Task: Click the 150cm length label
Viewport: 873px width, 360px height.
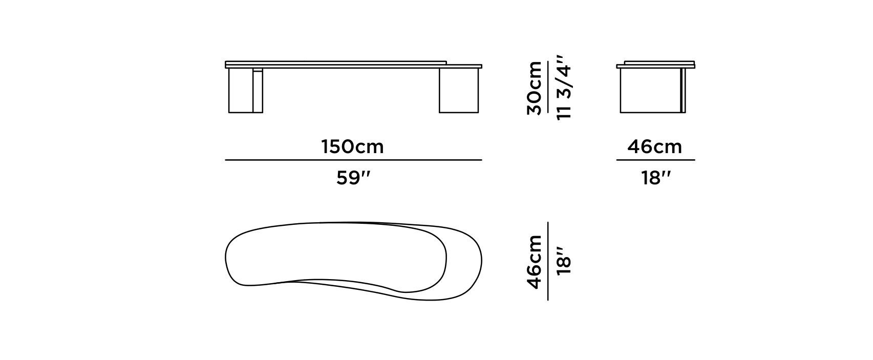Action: (x=353, y=147)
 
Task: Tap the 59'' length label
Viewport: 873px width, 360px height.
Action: (x=353, y=178)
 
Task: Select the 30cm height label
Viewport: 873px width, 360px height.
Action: (x=535, y=88)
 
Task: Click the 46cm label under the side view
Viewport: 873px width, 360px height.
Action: (x=655, y=147)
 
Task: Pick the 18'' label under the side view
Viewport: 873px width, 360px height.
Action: (x=656, y=178)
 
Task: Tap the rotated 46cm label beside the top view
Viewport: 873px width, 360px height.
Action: (x=535, y=262)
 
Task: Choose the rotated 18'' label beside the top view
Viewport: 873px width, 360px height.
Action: (x=564, y=261)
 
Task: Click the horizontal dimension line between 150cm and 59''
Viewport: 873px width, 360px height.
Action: (x=353, y=160)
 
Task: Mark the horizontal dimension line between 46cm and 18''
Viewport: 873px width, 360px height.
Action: (x=655, y=160)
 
